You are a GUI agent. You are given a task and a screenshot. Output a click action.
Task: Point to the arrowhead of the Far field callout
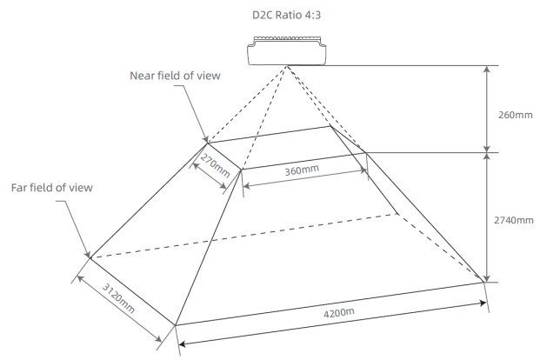click(x=89, y=257)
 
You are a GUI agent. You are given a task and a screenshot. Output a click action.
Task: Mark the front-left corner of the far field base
click(x=176, y=325)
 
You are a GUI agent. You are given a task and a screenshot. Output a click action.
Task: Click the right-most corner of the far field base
click(x=483, y=280)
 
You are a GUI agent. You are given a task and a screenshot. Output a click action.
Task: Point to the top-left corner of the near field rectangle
click(x=207, y=142)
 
